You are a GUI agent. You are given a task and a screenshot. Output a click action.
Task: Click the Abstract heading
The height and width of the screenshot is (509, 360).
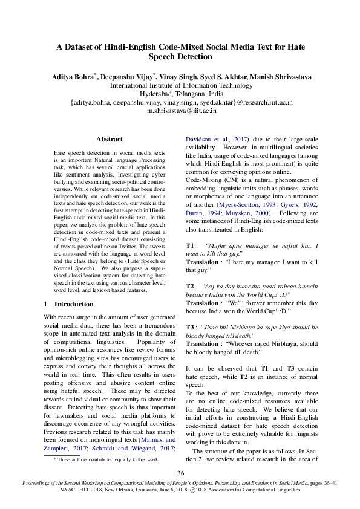(110, 139)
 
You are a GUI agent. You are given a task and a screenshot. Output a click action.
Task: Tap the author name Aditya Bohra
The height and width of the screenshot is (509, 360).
(85, 76)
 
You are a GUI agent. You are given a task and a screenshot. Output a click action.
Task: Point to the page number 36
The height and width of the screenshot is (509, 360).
(180, 473)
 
